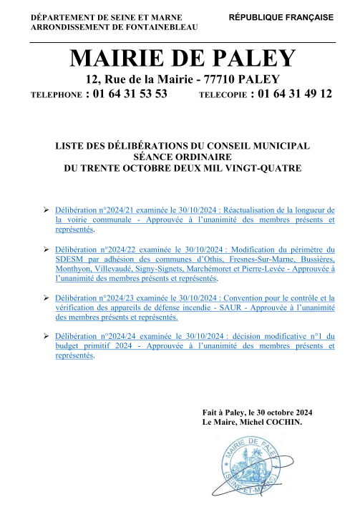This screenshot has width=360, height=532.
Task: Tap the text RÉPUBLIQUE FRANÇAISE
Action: pyautogui.click(x=281, y=16)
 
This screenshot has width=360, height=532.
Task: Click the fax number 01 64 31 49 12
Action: pyautogui.click(x=294, y=94)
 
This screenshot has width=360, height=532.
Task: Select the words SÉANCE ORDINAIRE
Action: pyautogui.click(x=182, y=157)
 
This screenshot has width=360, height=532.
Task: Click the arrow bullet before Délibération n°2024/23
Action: pyautogui.click(x=45, y=297)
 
